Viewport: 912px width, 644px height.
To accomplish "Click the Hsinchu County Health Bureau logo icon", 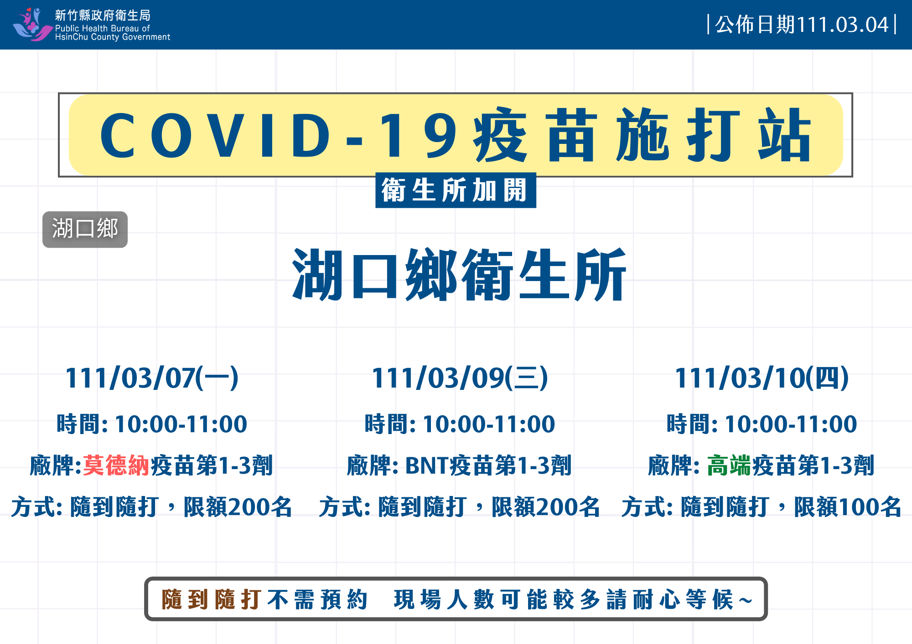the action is coord(32,25).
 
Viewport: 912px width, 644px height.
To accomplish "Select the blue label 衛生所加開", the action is coord(456,190).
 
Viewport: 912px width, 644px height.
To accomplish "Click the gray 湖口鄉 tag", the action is coord(85,229).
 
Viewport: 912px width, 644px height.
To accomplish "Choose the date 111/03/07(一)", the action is coord(152,378).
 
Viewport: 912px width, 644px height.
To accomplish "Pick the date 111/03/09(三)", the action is coord(460,378).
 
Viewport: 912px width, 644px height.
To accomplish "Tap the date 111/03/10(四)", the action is coord(762,378).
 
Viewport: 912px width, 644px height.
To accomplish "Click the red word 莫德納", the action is coord(116,465).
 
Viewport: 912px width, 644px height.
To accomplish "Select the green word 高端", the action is coord(729,465).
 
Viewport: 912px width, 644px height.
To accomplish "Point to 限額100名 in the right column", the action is coord(848,507).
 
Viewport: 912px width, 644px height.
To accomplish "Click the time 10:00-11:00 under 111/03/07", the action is coord(181,424).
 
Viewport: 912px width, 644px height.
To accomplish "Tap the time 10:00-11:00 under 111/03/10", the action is coord(791,424).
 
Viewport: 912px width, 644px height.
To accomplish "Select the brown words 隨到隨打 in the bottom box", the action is coord(212,599).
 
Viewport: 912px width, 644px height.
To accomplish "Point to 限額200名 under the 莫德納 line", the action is coord(238,507).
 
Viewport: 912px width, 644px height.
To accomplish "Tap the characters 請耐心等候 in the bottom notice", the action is coord(670,599).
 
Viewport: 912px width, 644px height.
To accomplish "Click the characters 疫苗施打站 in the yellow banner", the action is coord(643,135).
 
